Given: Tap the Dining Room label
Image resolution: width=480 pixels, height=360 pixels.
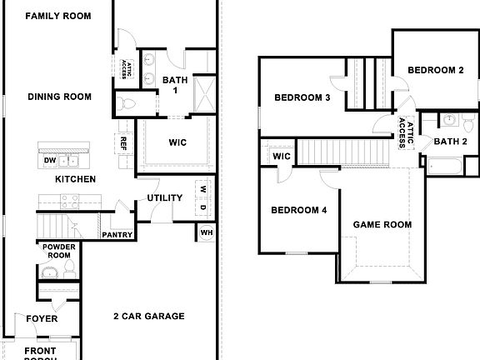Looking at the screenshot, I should pyautogui.click(x=59, y=97).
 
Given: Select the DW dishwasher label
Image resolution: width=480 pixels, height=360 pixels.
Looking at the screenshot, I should pyautogui.click(x=49, y=161).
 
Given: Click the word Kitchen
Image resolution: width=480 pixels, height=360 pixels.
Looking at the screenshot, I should pyautogui.click(x=75, y=179).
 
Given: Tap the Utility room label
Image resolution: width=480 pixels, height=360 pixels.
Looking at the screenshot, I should pyautogui.click(x=165, y=198).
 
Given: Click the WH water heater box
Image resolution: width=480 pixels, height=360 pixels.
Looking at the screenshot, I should pyautogui.click(x=205, y=233).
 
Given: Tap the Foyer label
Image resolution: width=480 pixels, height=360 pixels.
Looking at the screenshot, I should pyautogui.click(x=42, y=319).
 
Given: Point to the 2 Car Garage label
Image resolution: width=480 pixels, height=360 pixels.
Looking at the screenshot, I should pyautogui.click(x=149, y=317).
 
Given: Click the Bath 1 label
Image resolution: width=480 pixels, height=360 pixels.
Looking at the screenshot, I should pyautogui.click(x=175, y=84).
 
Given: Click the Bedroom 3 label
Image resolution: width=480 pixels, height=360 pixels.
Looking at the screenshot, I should pyautogui.click(x=302, y=97).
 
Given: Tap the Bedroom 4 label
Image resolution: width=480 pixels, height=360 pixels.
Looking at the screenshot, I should pyautogui.click(x=298, y=210).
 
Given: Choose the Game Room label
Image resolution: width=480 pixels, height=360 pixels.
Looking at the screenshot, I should pyautogui.click(x=382, y=224).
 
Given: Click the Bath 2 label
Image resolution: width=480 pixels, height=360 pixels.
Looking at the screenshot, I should pyautogui.click(x=451, y=141).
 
